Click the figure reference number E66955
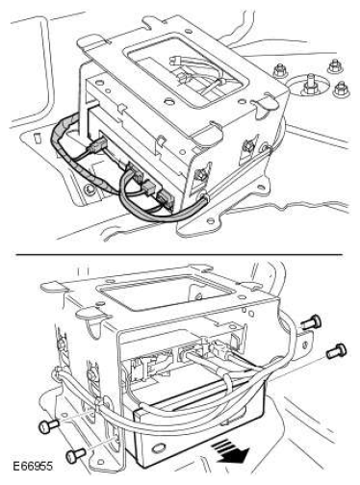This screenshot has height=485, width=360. tap(33, 466)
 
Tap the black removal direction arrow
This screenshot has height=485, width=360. tap(232, 450)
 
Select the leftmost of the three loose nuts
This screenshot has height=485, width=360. tap(280, 71)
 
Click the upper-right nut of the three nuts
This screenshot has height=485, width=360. tap(334, 66)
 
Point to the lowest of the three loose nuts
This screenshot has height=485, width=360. tap(341, 89)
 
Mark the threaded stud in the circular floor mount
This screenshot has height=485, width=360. tap(310, 84)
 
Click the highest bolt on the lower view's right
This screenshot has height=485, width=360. tap(312, 321)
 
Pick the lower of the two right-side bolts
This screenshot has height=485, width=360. tap(336, 350)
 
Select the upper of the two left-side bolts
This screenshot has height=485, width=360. tap(49, 426)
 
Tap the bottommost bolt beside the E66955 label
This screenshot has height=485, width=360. tap(76, 454)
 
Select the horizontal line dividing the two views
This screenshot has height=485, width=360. tap(179, 255)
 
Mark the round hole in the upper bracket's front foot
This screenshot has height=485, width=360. tap(211, 220)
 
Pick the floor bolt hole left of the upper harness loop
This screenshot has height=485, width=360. tap(90, 190)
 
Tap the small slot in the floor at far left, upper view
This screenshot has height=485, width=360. tap(38, 138)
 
